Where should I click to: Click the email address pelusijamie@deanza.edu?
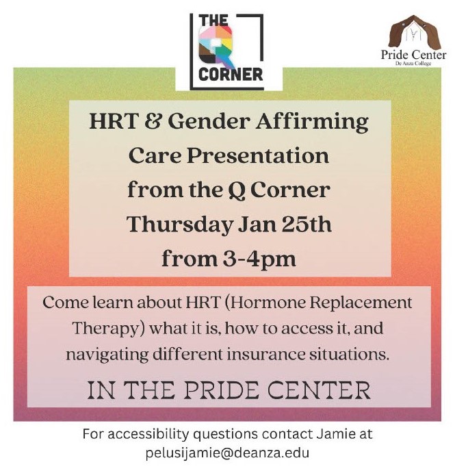pos(227,452)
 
